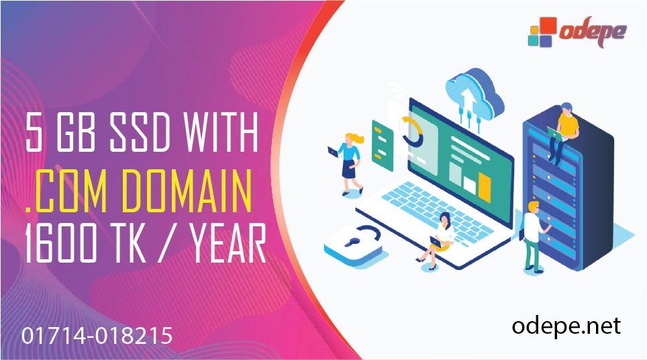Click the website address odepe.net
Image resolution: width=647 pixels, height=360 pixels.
pos(566,326)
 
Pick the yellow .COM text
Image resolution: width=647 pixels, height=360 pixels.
pos(60,191)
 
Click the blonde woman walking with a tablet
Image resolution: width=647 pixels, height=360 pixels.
pos(350,162)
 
